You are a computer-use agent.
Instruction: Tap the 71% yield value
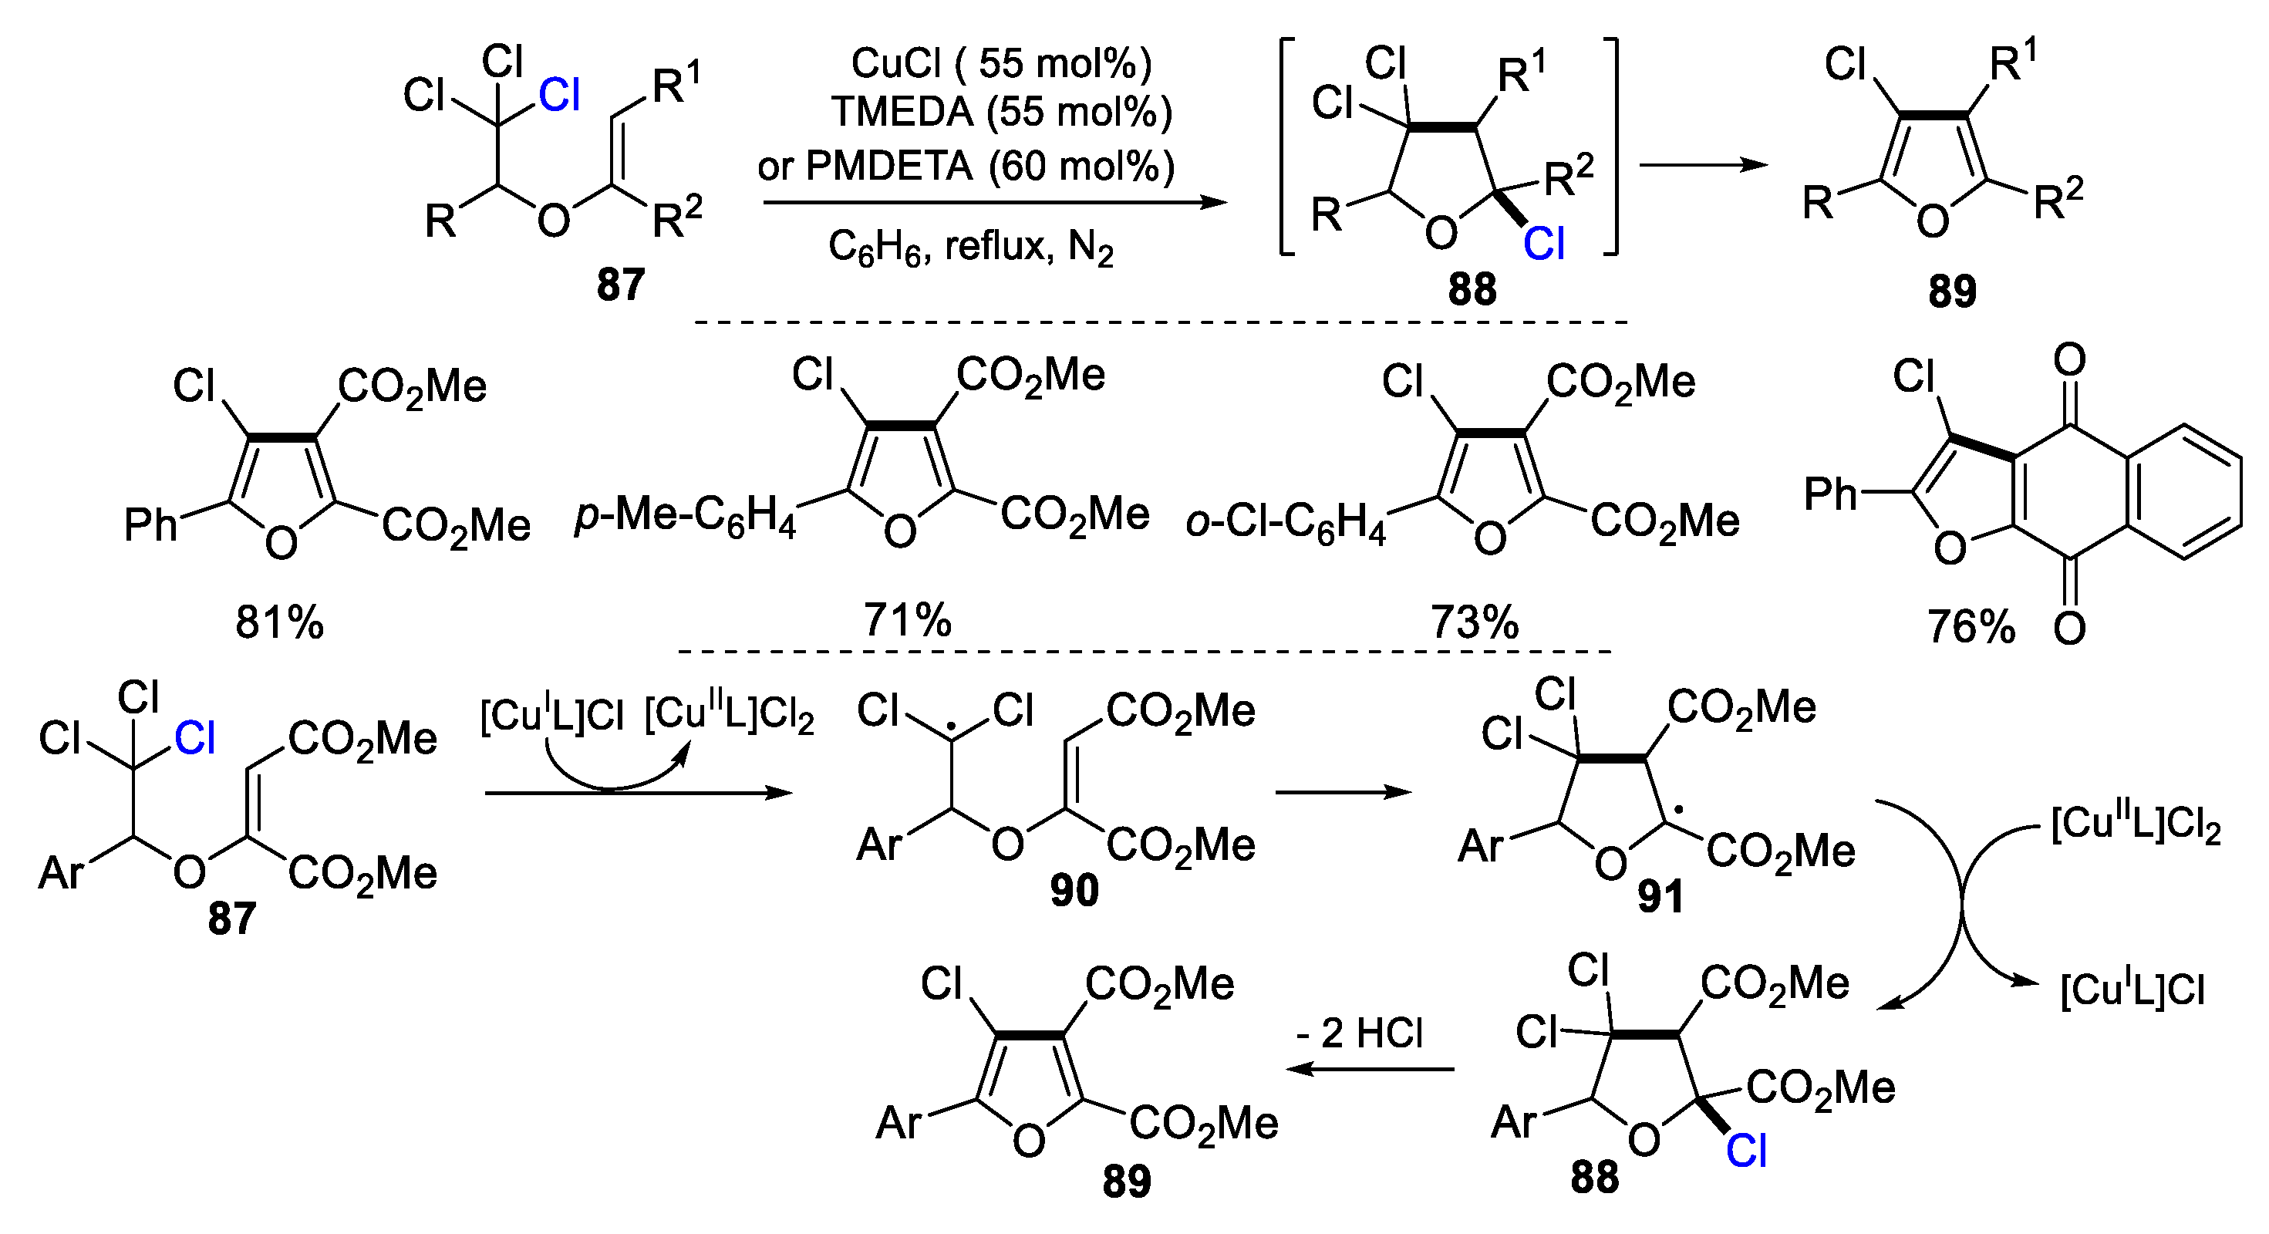click(907, 620)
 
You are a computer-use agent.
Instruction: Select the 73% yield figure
click(1475, 622)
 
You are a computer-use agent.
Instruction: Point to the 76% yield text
click(1971, 627)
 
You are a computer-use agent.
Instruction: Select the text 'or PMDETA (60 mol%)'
click(966, 166)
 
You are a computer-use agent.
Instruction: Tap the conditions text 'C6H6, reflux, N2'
click(971, 248)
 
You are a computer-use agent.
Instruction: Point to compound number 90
click(1074, 892)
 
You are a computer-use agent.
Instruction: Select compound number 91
click(1660, 897)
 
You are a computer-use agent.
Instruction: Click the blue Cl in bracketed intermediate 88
click(1544, 243)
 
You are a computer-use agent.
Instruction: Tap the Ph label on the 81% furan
click(150, 526)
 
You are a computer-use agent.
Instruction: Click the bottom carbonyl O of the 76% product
click(2069, 628)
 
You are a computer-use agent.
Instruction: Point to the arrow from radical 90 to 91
click(1343, 792)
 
